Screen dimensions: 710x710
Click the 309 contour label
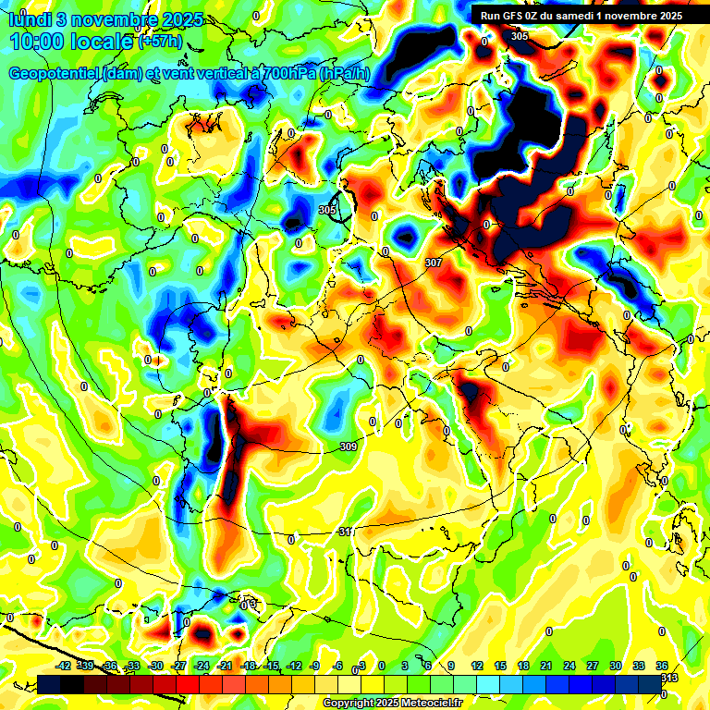349,447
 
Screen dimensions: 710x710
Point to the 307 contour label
433,263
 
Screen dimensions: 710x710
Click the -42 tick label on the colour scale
64,665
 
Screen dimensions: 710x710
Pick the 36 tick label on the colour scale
662,665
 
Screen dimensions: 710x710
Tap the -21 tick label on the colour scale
225,665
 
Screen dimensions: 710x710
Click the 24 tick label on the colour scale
569,665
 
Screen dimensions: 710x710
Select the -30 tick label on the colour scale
155,665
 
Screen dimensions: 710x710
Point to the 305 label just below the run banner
520,35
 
